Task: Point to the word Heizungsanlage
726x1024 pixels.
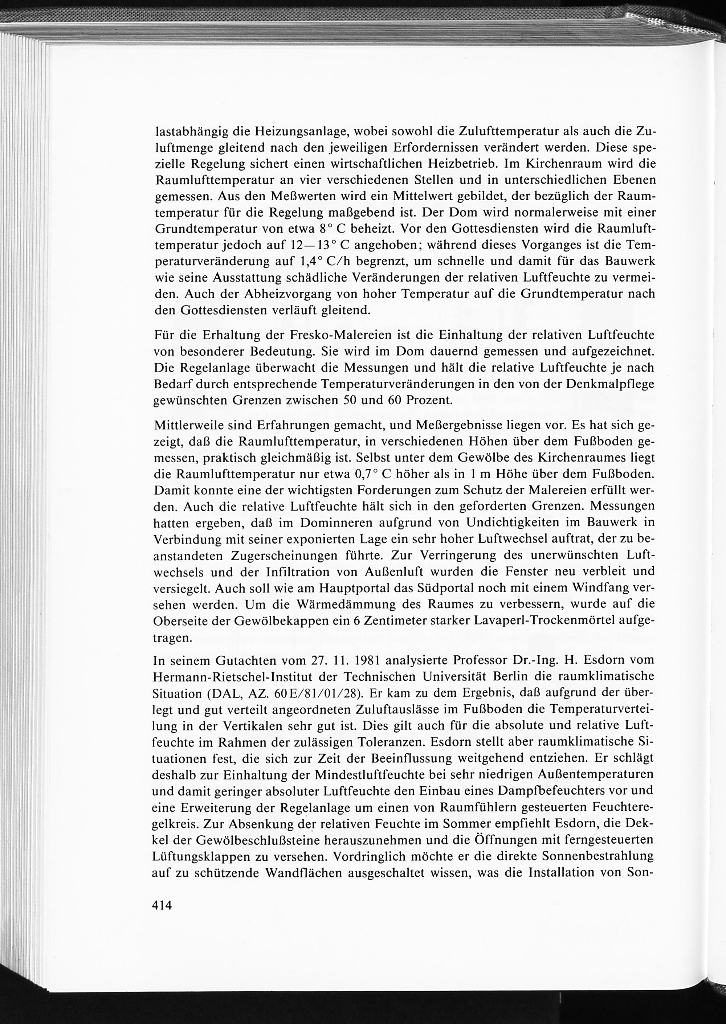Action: coord(303,132)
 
